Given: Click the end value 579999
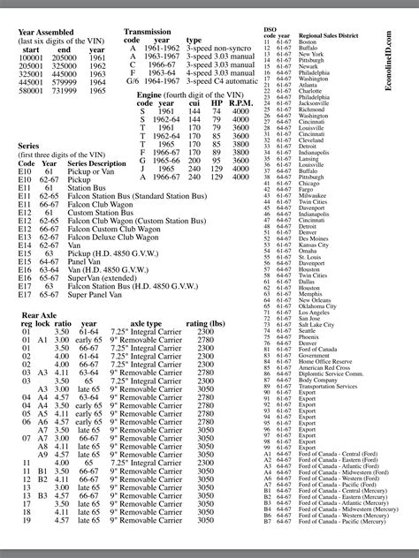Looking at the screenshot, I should (69, 80).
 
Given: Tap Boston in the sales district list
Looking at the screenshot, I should (308, 41).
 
